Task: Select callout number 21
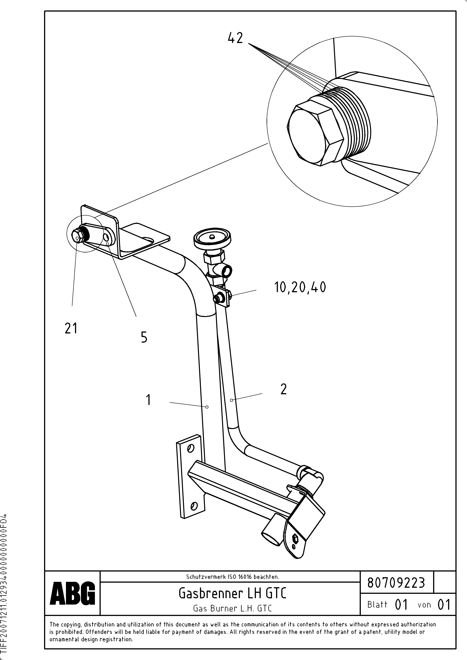71,328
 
